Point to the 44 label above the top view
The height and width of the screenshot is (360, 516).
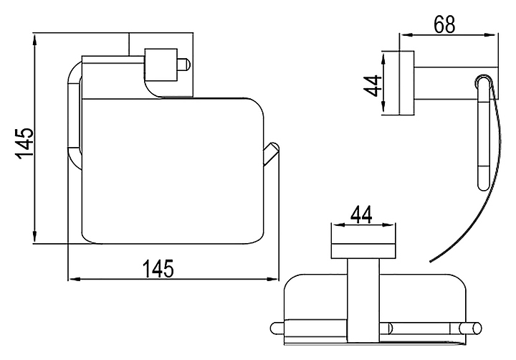click(x=363, y=214)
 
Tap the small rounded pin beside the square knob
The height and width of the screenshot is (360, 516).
click(x=185, y=66)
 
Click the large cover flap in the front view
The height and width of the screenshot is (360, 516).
click(x=172, y=169)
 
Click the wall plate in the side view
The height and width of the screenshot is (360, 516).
click(x=407, y=83)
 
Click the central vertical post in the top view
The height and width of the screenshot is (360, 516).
click(x=363, y=301)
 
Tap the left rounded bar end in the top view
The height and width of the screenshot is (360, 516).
click(x=278, y=329)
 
